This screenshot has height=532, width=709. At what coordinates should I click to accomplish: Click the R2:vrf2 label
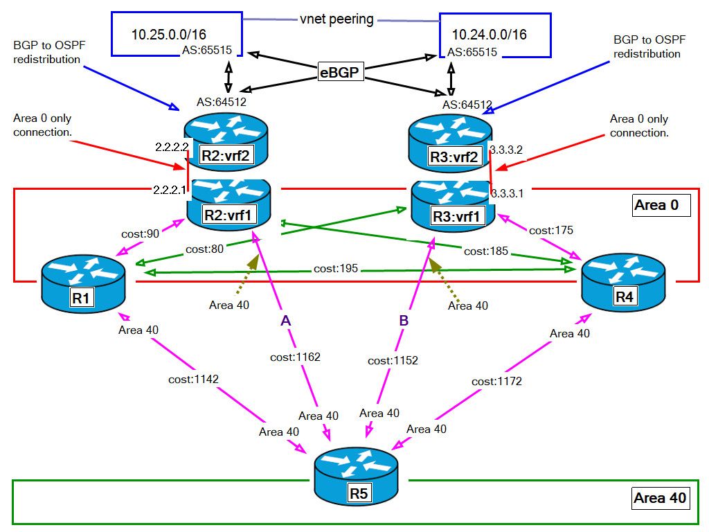[225, 156]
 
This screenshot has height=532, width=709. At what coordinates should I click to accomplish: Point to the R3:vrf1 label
[455, 217]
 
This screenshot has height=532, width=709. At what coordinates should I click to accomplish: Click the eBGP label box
[341, 71]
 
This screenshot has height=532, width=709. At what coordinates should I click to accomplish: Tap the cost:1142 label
[193, 380]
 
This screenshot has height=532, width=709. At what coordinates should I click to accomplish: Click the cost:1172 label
[496, 381]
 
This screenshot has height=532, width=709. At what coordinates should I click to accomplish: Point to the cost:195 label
[335, 268]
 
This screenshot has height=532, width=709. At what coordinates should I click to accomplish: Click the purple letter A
[285, 320]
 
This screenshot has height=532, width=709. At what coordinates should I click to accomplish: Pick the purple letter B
[404, 320]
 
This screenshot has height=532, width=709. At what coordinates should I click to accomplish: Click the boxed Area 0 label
[661, 205]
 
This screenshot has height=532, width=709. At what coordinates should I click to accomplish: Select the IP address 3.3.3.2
[506, 150]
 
